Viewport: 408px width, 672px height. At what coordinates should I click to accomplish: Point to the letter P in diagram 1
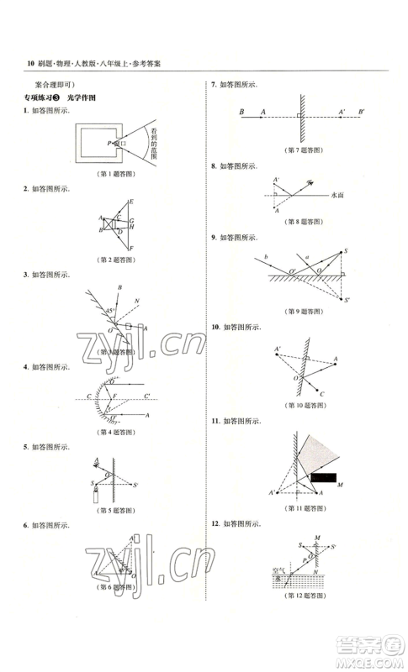(109, 144)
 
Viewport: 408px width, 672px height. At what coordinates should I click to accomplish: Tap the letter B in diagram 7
(241, 112)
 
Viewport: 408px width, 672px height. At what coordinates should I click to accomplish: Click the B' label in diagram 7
(362, 112)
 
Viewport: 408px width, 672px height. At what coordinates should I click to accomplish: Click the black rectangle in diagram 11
(321, 477)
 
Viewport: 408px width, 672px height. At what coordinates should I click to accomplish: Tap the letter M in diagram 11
(338, 486)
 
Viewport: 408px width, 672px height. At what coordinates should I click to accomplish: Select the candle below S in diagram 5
(97, 496)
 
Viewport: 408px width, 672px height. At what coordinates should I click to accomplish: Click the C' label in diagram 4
(146, 396)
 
